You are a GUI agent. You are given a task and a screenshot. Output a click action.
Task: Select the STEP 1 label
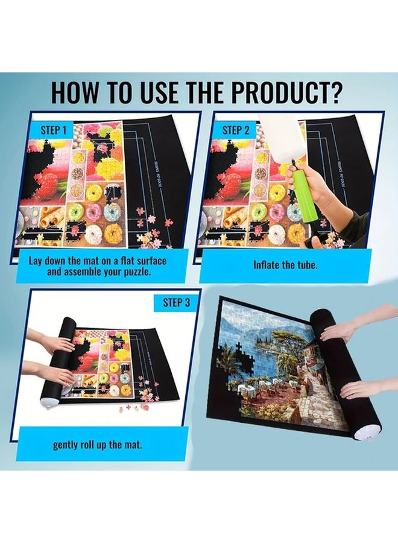pos(57,130)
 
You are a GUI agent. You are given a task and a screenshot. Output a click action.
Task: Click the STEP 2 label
pos(236,130)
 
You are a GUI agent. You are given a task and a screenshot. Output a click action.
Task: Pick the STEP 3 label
pos(176,303)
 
